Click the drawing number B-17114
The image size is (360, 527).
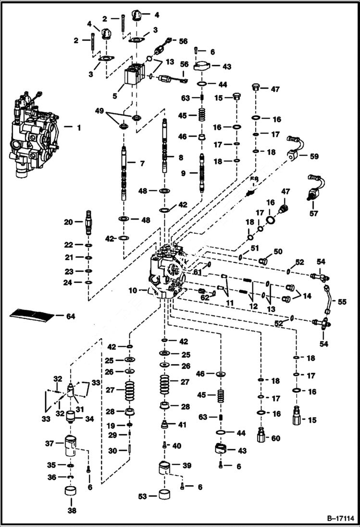pos(337,518)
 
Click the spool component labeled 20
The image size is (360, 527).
pos(88,223)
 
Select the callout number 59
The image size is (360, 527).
pos(314,156)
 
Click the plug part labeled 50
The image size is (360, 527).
pos(263,261)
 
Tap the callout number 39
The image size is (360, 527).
pos(186,466)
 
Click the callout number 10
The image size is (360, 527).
pos(133,290)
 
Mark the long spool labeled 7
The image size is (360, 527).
pos(124,173)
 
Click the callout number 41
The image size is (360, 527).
pos(183,425)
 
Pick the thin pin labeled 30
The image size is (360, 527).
pos(130,450)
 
